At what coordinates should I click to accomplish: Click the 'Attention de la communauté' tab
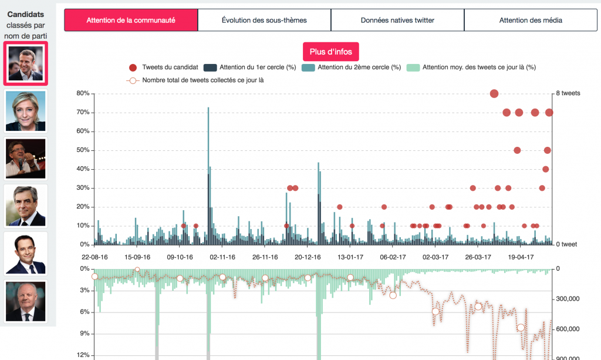130,20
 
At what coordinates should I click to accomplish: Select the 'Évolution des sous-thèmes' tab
264,20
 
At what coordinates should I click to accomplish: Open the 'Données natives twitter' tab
397,20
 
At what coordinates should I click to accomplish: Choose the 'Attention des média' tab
531,20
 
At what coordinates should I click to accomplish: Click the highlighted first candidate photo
25,63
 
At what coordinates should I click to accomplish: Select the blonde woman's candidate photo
25,111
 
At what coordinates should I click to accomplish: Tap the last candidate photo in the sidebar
25,300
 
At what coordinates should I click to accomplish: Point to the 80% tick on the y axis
83,93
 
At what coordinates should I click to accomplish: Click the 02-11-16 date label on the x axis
222,257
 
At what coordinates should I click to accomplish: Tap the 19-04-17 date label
521,257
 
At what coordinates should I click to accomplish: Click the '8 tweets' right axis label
568,93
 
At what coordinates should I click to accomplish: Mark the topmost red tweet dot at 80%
494,93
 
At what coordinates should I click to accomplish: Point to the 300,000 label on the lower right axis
568,299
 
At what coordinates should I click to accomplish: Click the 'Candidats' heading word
26,14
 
